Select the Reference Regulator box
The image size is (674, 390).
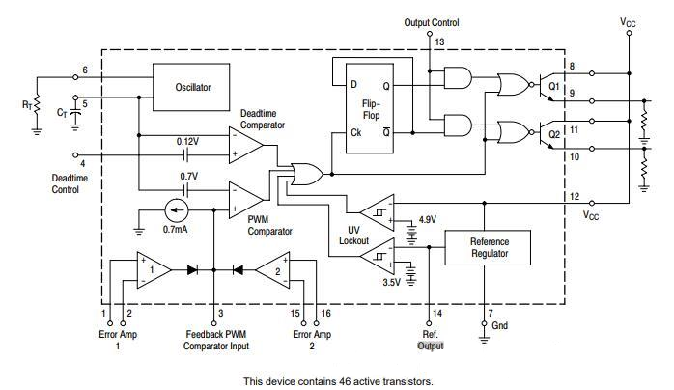pos(489,248)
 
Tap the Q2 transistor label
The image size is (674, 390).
pos(553,133)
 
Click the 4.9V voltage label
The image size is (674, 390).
pos(427,218)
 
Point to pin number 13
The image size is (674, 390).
pos(440,42)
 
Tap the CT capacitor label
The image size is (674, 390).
pos(63,113)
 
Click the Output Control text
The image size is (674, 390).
pos(431,22)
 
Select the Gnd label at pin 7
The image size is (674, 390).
pos(499,326)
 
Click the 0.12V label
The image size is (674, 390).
pos(187,141)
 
